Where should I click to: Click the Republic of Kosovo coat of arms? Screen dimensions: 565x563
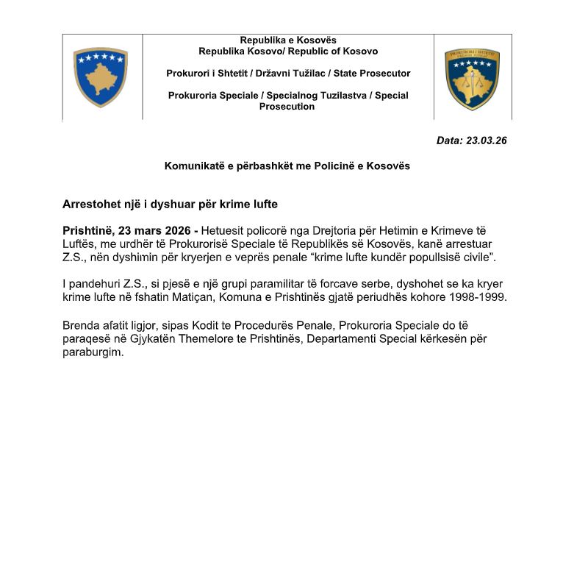point(101,77)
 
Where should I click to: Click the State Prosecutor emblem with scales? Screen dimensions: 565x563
point(472,79)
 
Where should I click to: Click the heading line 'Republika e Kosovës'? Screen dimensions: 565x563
point(288,40)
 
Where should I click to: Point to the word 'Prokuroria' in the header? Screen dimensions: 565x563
point(193,96)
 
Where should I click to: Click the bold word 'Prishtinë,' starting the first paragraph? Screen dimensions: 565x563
point(88,231)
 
